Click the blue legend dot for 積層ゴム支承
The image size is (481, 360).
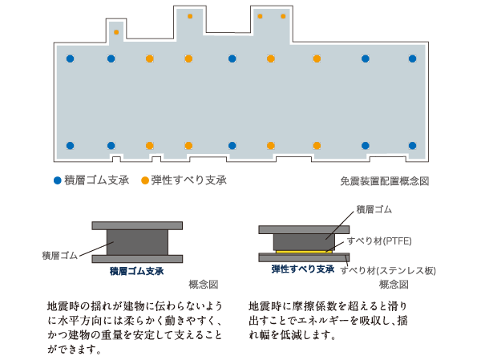click(x=57, y=180)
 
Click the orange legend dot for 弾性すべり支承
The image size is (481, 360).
click(x=145, y=180)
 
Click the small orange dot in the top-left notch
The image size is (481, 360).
click(x=116, y=33)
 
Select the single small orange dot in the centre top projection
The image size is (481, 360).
click(x=190, y=16)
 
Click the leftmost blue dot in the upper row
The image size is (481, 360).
click(x=71, y=59)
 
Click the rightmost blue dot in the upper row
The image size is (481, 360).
click(x=413, y=59)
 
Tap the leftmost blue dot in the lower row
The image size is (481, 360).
click(x=71, y=146)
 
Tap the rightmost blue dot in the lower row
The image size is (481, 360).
click(x=413, y=146)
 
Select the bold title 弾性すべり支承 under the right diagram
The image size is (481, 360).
click(x=302, y=269)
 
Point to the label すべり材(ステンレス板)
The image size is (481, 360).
click(x=388, y=270)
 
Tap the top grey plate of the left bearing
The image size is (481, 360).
click(x=136, y=226)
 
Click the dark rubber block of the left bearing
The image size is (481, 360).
click(x=136, y=242)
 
